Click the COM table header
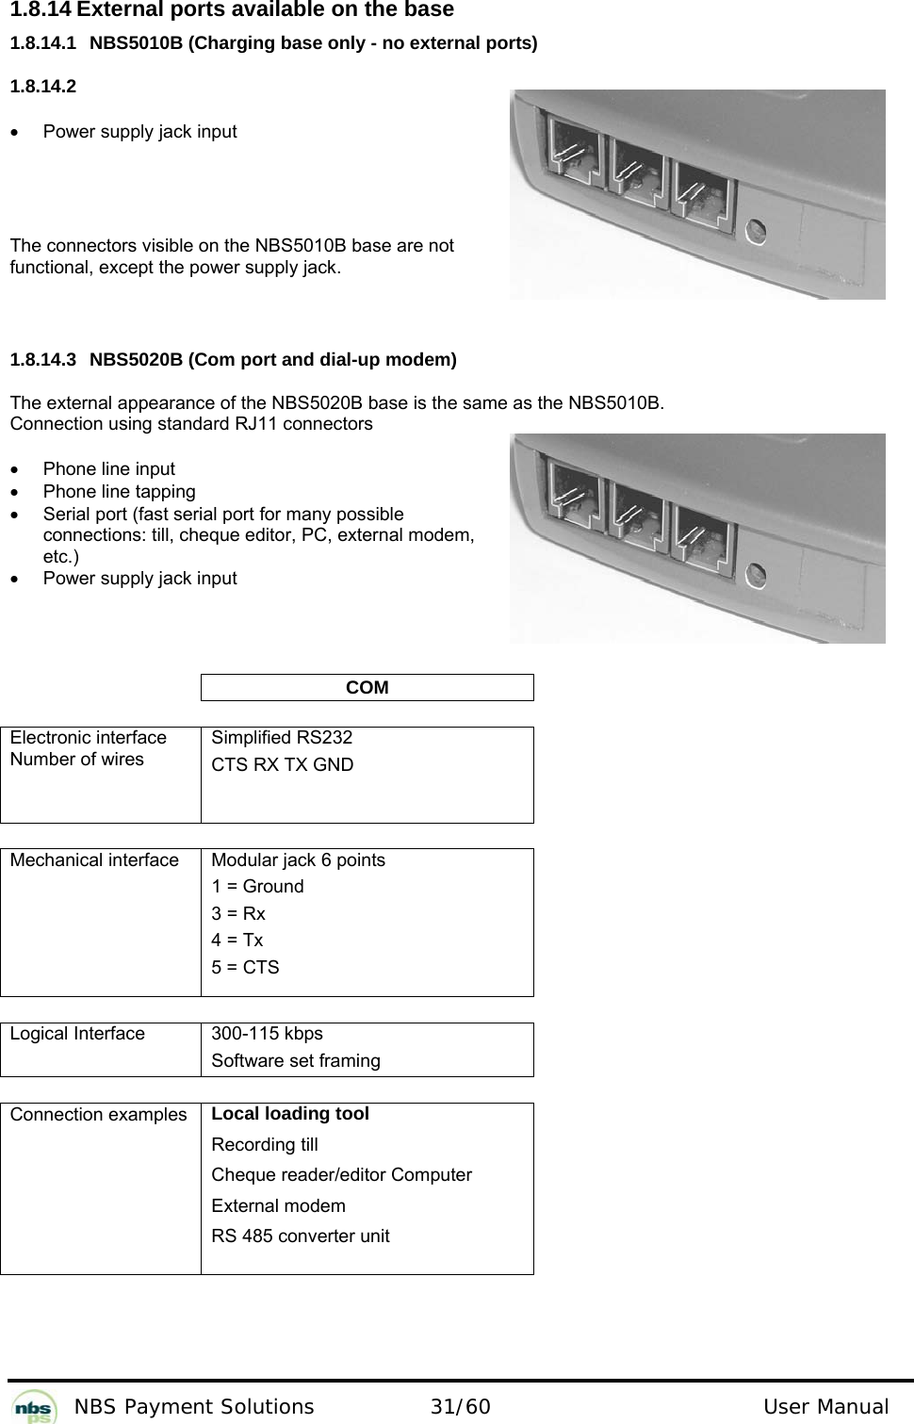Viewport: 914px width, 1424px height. (x=367, y=688)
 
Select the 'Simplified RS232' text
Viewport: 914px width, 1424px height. (x=282, y=738)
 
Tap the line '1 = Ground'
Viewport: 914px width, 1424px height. (x=257, y=887)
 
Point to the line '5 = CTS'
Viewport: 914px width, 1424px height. (x=245, y=968)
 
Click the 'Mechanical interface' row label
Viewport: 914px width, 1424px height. (x=94, y=860)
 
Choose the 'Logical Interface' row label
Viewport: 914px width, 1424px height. (x=78, y=1034)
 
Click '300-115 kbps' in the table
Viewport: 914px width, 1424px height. (x=267, y=1034)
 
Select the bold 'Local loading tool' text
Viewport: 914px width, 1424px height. (x=290, y=1114)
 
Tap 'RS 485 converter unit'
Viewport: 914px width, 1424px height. (x=300, y=1236)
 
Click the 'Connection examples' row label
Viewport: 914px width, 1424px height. (x=99, y=1115)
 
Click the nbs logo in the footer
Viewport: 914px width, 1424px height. (x=35, y=1405)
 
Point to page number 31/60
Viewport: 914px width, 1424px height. (x=460, y=1408)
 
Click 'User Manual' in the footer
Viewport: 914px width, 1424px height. (x=825, y=1408)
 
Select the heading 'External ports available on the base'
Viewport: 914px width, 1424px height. (x=264, y=10)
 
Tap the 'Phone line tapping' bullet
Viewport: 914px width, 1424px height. (x=120, y=492)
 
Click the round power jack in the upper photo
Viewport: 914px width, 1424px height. (x=756, y=231)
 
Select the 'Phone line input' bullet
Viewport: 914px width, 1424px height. (x=109, y=469)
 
